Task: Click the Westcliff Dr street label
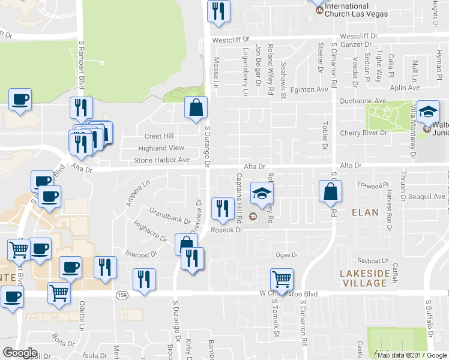(x=358, y=36)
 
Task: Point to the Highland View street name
(x=161, y=148)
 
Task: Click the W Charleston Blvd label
(x=288, y=293)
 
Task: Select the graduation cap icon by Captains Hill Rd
(x=262, y=192)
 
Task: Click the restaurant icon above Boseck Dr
(x=222, y=208)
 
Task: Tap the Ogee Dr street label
(x=282, y=255)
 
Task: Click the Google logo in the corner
(x=20, y=353)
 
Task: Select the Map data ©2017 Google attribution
(x=412, y=355)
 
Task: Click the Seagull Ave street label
(x=412, y=196)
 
